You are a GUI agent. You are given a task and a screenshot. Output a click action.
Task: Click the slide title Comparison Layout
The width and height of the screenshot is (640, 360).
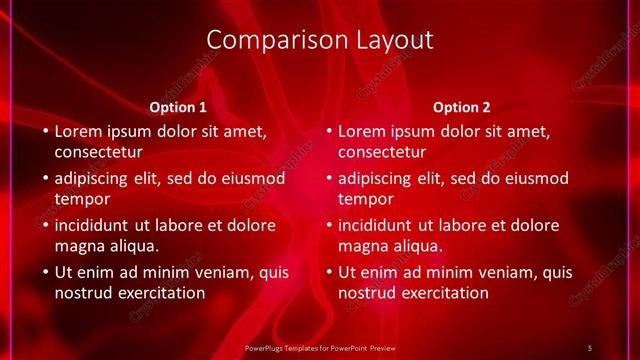click(x=320, y=40)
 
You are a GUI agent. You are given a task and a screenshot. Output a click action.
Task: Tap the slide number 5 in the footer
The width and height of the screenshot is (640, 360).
click(x=590, y=347)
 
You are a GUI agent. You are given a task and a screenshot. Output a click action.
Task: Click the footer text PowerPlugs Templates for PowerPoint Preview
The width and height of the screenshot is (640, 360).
click(x=320, y=347)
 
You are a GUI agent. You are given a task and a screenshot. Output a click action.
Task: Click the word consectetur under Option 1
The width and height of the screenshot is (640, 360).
click(x=98, y=153)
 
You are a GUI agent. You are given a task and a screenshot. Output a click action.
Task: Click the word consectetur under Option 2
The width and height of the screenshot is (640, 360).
click(x=382, y=153)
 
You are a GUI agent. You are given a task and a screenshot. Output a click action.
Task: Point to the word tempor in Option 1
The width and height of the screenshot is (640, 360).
click(x=80, y=199)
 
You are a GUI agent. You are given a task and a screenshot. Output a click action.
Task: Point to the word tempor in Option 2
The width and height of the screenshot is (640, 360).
click(x=364, y=199)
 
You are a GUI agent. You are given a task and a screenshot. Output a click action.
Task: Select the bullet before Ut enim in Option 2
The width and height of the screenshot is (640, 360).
click(x=328, y=272)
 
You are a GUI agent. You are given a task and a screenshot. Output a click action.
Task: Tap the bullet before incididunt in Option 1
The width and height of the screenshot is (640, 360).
click(x=44, y=225)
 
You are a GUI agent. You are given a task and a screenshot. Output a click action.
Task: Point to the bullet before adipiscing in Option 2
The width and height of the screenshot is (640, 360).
click(x=328, y=179)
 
